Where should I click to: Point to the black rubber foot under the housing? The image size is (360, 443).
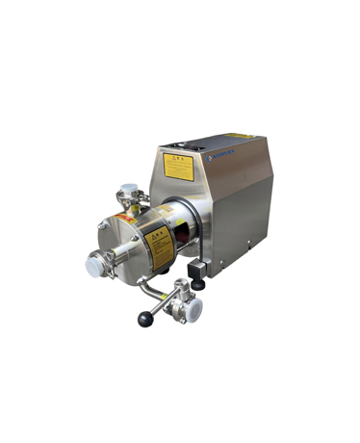(199, 286)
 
